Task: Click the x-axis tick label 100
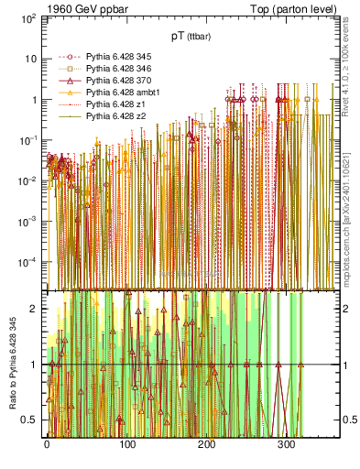point(126,442)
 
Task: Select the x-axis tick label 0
point(47,442)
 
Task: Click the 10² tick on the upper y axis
point(28,18)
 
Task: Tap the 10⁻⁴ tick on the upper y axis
point(28,261)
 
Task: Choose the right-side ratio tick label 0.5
point(347,420)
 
